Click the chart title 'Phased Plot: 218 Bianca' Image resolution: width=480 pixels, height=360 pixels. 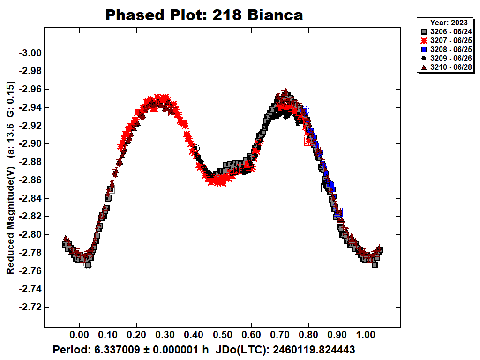[204, 15]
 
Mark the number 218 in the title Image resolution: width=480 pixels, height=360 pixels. [226, 15]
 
